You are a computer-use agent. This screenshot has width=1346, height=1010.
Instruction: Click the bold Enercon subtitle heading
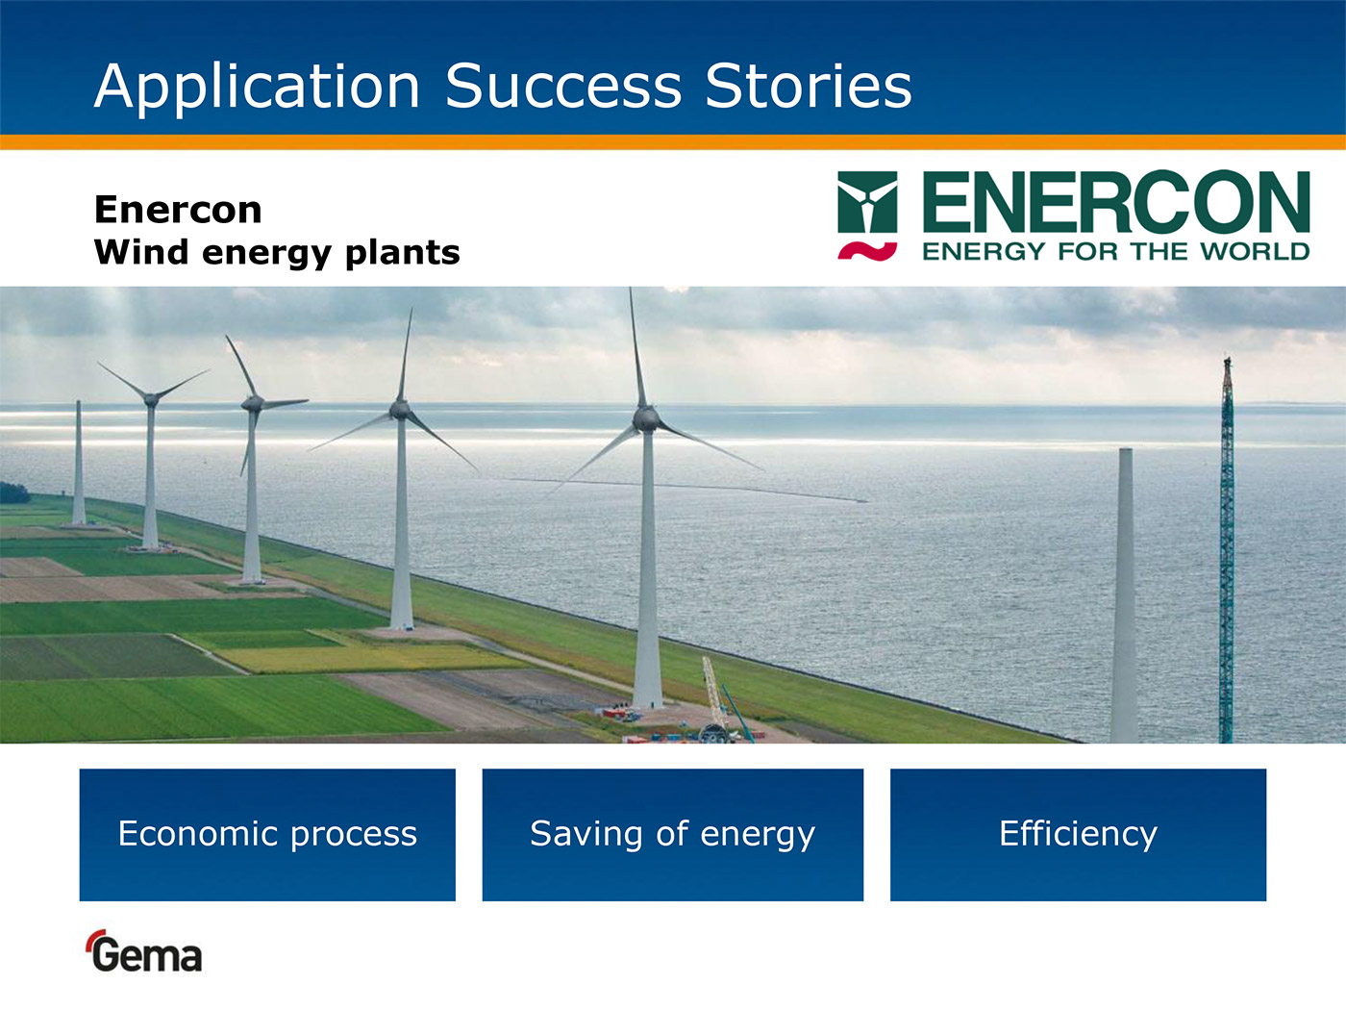click(178, 210)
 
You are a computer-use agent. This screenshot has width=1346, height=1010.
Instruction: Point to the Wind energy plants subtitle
click(277, 253)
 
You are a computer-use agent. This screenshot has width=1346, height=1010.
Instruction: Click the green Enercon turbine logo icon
click(867, 202)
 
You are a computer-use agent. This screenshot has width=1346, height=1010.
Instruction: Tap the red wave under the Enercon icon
click(867, 251)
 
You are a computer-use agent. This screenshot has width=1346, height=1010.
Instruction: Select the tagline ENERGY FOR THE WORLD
click(1116, 251)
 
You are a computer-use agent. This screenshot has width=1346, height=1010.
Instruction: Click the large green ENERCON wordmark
click(1116, 201)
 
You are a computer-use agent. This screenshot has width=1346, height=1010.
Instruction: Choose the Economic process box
click(267, 835)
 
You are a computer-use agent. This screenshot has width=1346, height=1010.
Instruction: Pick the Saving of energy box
click(673, 835)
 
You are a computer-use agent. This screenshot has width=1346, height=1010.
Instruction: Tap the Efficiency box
click(1078, 835)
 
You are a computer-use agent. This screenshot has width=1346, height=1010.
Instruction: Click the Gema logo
click(145, 952)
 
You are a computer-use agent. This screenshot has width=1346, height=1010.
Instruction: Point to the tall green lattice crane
click(1227, 552)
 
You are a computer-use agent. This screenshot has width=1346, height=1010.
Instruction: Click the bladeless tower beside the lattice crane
click(1125, 594)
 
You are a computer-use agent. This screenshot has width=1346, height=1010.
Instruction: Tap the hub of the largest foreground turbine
click(646, 419)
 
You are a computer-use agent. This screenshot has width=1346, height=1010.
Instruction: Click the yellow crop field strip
click(368, 657)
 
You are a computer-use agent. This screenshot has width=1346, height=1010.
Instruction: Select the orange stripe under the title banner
click(673, 142)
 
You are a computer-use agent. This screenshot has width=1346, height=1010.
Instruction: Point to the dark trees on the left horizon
click(13, 493)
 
